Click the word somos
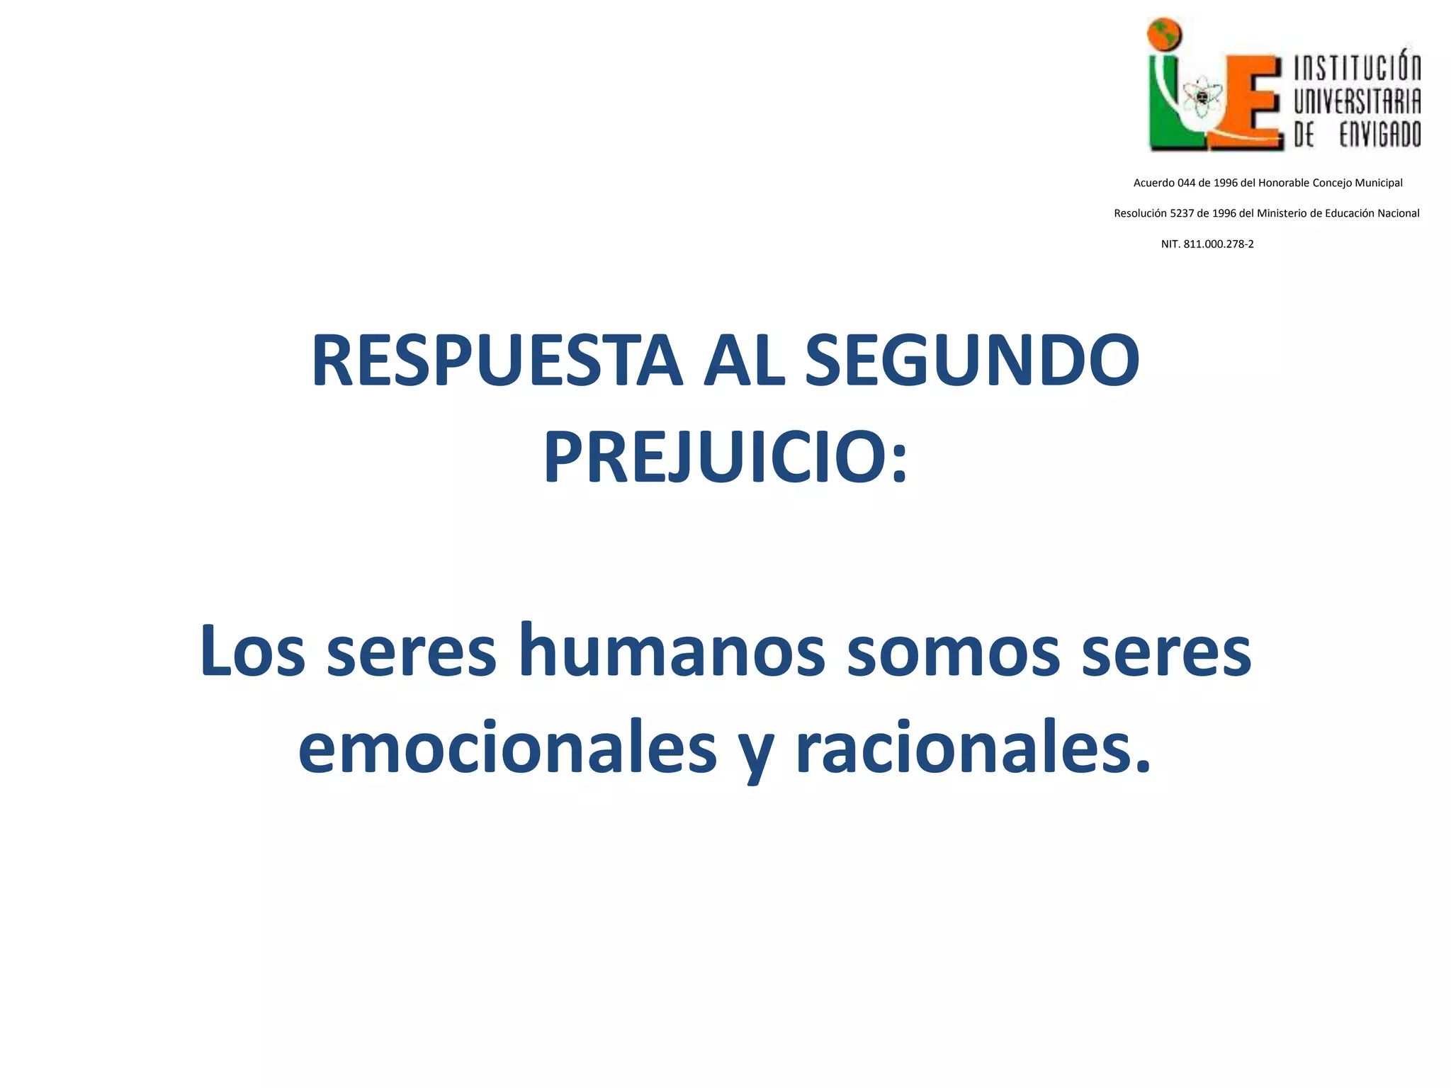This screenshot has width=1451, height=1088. pos(954,650)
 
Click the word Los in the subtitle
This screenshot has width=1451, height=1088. pos(252,650)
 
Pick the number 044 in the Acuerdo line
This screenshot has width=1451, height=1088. pos(1186,183)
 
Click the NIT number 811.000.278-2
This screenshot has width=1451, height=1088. pos(1219,244)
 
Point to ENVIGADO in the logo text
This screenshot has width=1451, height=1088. pos(1379,134)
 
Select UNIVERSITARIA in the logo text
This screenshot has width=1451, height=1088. pos(1357,101)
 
